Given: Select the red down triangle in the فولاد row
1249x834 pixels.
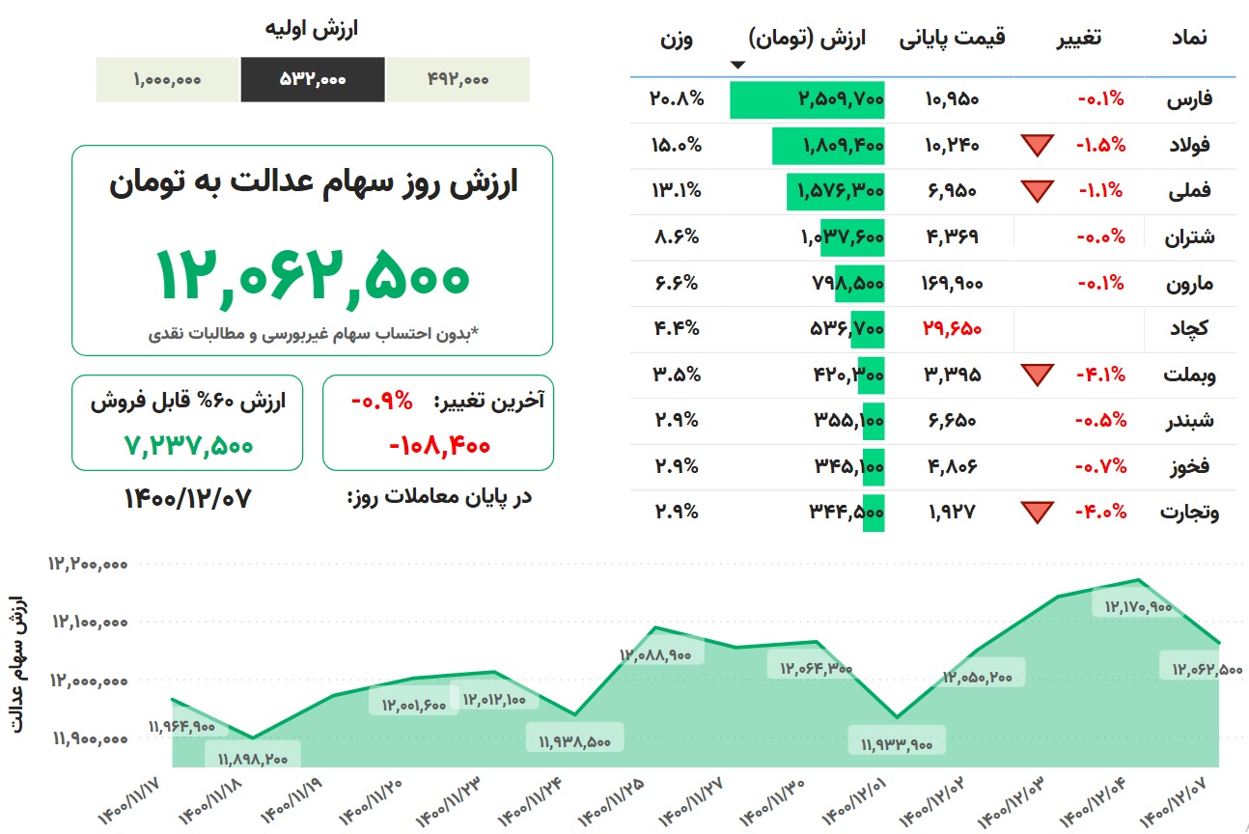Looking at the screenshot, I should coord(1038,146).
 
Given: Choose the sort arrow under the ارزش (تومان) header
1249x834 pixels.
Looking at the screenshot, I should coord(738,65).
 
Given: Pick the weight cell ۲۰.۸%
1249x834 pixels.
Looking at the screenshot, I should coord(676,99).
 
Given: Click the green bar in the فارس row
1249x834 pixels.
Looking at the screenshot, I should coord(807,99).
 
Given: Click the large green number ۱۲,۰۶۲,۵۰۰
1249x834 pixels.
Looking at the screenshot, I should coord(313,276).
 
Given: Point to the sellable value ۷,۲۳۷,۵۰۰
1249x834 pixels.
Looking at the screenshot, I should coord(188,446).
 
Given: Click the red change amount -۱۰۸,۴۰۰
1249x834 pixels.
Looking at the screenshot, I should coord(439,446).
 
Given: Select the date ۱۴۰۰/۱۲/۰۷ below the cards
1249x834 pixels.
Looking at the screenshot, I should coord(187,498).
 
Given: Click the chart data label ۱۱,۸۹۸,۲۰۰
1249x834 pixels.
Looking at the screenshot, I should coord(253,759).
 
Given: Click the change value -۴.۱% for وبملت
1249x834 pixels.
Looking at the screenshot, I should coord(1100,375).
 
